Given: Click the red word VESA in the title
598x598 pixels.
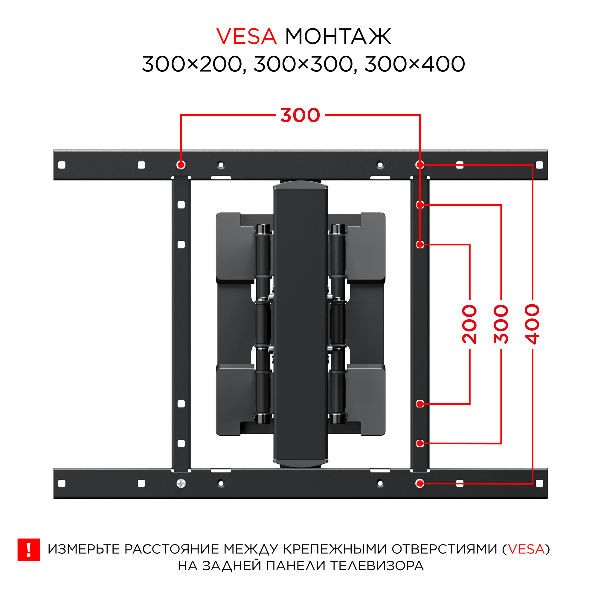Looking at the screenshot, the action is [x=246, y=36].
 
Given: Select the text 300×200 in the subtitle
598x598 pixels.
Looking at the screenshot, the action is [x=192, y=64].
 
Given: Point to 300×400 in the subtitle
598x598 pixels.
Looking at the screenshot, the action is [x=414, y=64].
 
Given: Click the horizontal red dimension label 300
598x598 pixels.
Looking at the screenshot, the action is [x=300, y=115].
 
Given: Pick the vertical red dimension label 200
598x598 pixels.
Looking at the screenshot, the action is [x=469, y=324].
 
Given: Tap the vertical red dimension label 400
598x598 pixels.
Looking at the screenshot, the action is [x=533, y=324].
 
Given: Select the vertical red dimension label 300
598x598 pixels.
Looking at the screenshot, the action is [x=501, y=324].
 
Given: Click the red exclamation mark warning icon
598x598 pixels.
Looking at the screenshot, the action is [x=28, y=550].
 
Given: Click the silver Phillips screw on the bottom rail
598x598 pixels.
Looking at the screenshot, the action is [x=181, y=483].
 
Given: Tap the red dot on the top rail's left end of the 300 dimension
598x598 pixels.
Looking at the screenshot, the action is [x=181, y=165].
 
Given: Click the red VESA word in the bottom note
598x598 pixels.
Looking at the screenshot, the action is [x=526, y=549].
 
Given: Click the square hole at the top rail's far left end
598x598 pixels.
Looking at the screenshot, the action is [x=62, y=165].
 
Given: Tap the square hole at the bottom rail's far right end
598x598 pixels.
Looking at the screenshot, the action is [x=539, y=483].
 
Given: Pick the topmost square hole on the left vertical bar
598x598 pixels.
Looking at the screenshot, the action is [x=181, y=205].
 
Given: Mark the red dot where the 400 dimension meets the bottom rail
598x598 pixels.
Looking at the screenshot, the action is [x=420, y=483].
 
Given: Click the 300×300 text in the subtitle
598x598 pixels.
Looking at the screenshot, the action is [x=303, y=64].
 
